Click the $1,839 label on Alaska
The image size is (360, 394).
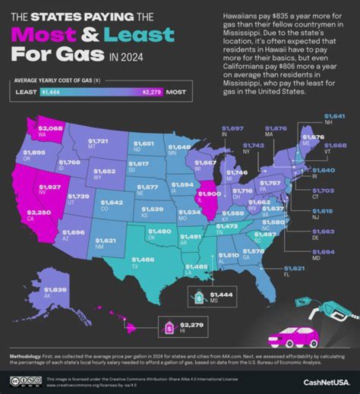click(53, 289)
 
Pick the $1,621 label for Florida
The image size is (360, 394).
click(292, 268)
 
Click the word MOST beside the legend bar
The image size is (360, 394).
click(176, 92)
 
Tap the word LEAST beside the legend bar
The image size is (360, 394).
click(25, 92)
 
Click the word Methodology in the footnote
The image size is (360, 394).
click(25, 356)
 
